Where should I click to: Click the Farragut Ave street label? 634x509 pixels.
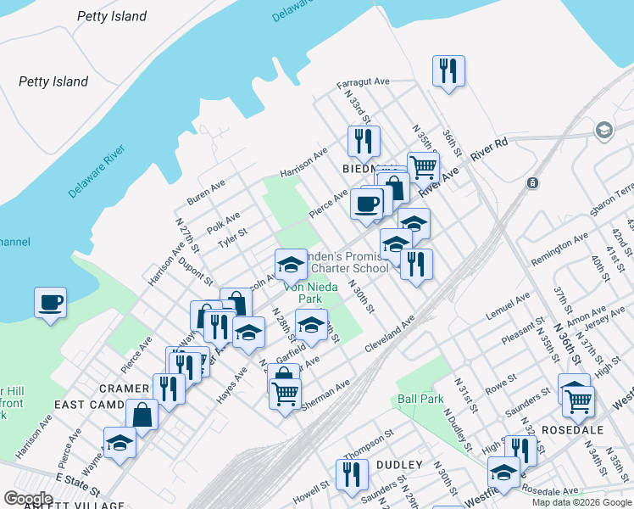[x=362, y=82]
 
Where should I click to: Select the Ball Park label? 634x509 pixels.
[x=420, y=398]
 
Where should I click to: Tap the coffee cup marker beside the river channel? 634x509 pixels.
[x=50, y=301]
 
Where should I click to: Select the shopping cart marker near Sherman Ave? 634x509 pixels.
[x=286, y=392]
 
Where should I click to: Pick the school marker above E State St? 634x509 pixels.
[x=120, y=443]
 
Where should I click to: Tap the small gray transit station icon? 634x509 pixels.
[x=532, y=182]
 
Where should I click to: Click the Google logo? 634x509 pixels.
[x=28, y=499]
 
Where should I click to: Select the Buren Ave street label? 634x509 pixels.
[x=206, y=193]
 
